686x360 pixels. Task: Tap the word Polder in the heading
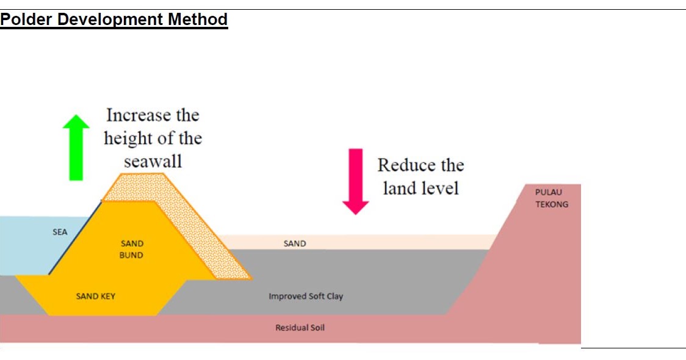(26, 20)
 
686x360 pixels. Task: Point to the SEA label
(60, 232)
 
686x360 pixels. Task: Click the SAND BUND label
(132, 250)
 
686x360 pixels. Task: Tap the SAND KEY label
(96, 297)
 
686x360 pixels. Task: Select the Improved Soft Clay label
(306, 297)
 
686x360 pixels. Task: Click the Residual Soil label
(300, 328)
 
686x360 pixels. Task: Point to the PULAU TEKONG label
(552, 198)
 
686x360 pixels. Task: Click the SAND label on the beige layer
(295, 243)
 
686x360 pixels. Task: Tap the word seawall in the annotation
(153, 162)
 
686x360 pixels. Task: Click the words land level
(421, 188)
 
